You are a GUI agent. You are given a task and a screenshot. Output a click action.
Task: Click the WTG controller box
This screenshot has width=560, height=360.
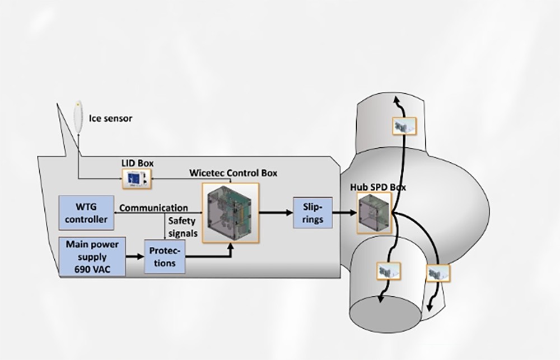86,213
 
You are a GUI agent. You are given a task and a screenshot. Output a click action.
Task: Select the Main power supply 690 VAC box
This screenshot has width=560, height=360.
91,256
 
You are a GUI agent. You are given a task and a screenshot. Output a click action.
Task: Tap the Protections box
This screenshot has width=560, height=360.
165,256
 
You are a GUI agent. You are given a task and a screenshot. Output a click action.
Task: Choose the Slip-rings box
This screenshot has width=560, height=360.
312,212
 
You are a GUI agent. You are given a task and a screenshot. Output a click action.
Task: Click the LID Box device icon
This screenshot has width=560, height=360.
137,179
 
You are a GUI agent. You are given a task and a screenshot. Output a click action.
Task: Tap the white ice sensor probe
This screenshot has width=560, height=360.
78,116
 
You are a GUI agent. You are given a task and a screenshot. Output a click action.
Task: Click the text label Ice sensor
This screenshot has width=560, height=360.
110,119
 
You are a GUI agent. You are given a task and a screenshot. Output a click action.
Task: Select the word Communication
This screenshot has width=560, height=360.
153,208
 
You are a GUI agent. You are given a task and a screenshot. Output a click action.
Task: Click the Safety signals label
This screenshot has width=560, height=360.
183,226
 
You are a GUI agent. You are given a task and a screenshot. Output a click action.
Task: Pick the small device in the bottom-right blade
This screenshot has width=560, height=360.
437,273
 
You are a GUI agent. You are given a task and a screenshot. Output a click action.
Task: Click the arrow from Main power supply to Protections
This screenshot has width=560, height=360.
134,256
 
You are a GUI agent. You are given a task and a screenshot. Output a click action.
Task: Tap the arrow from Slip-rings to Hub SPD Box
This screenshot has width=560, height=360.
344,213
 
